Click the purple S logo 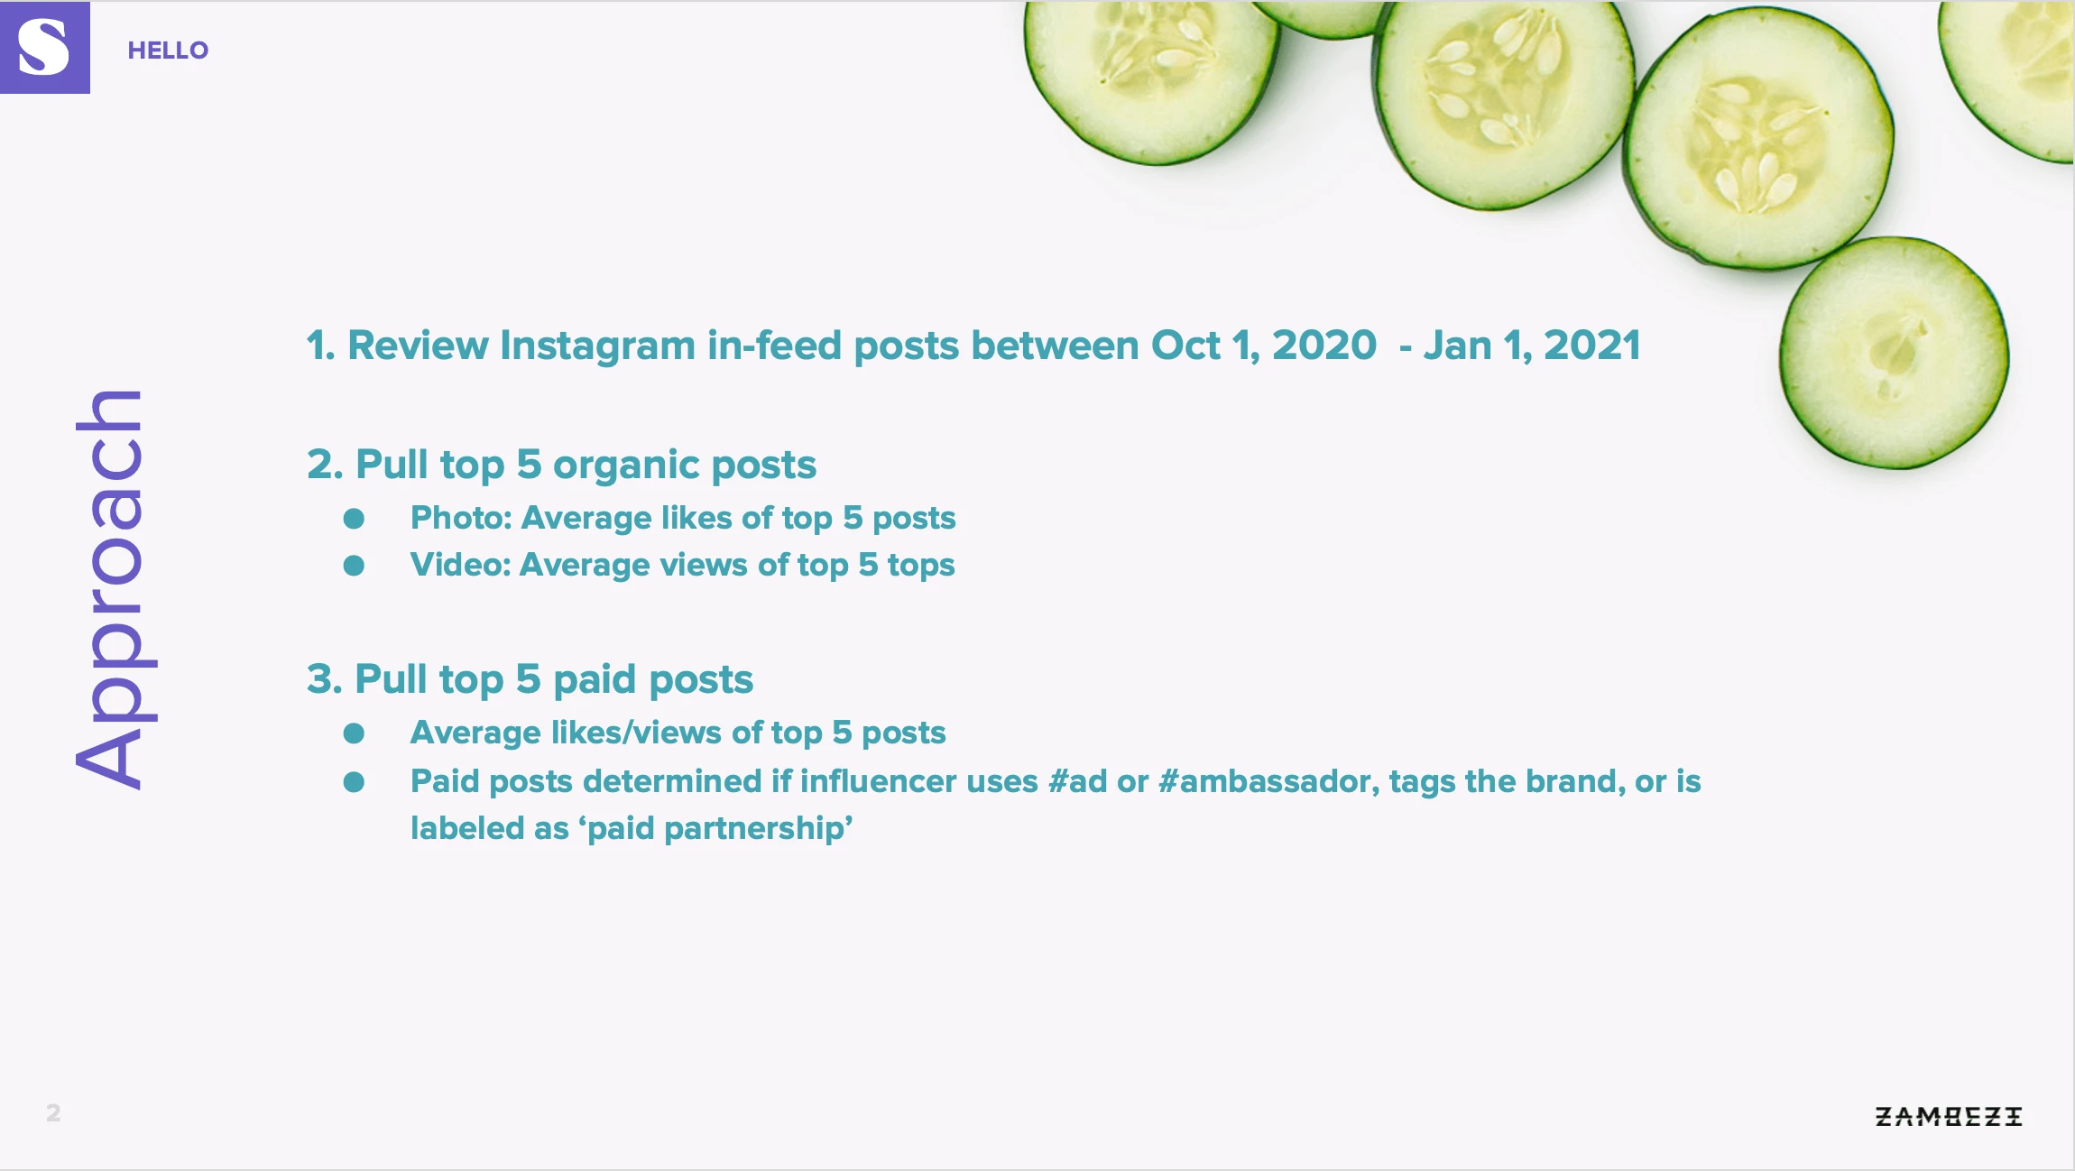pos(44,47)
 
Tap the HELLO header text pos(168,51)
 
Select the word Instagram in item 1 pos(598,346)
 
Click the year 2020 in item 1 pos(1324,346)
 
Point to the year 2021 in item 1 pos(1592,346)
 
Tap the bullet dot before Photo pos(354,519)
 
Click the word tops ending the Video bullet pos(921,566)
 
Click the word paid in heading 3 pos(595,679)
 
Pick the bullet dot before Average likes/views pos(354,733)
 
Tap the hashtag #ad pos(1078,781)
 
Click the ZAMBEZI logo pos(1949,1117)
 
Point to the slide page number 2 pos(53,1113)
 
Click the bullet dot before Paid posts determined pos(354,782)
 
